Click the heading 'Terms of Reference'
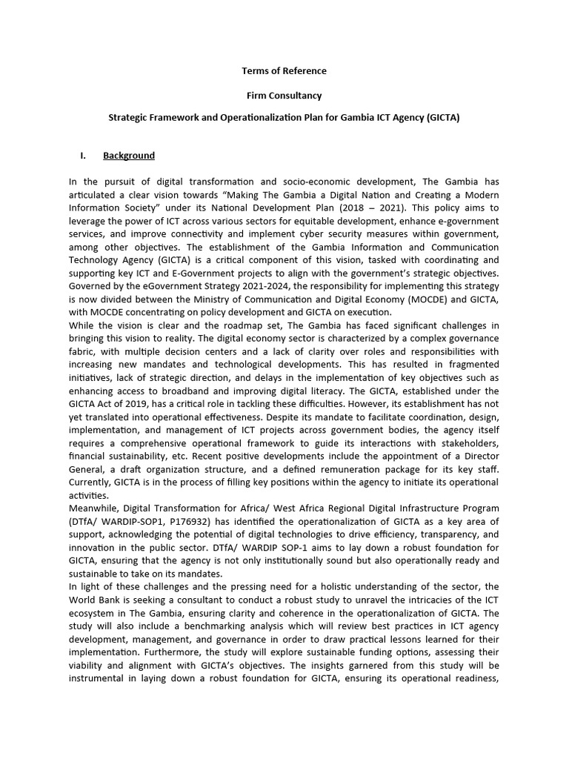(x=284, y=71)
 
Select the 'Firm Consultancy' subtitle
(x=284, y=96)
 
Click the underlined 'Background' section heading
(x=129, y=156)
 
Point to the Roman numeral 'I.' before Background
(x=83, y=156)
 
